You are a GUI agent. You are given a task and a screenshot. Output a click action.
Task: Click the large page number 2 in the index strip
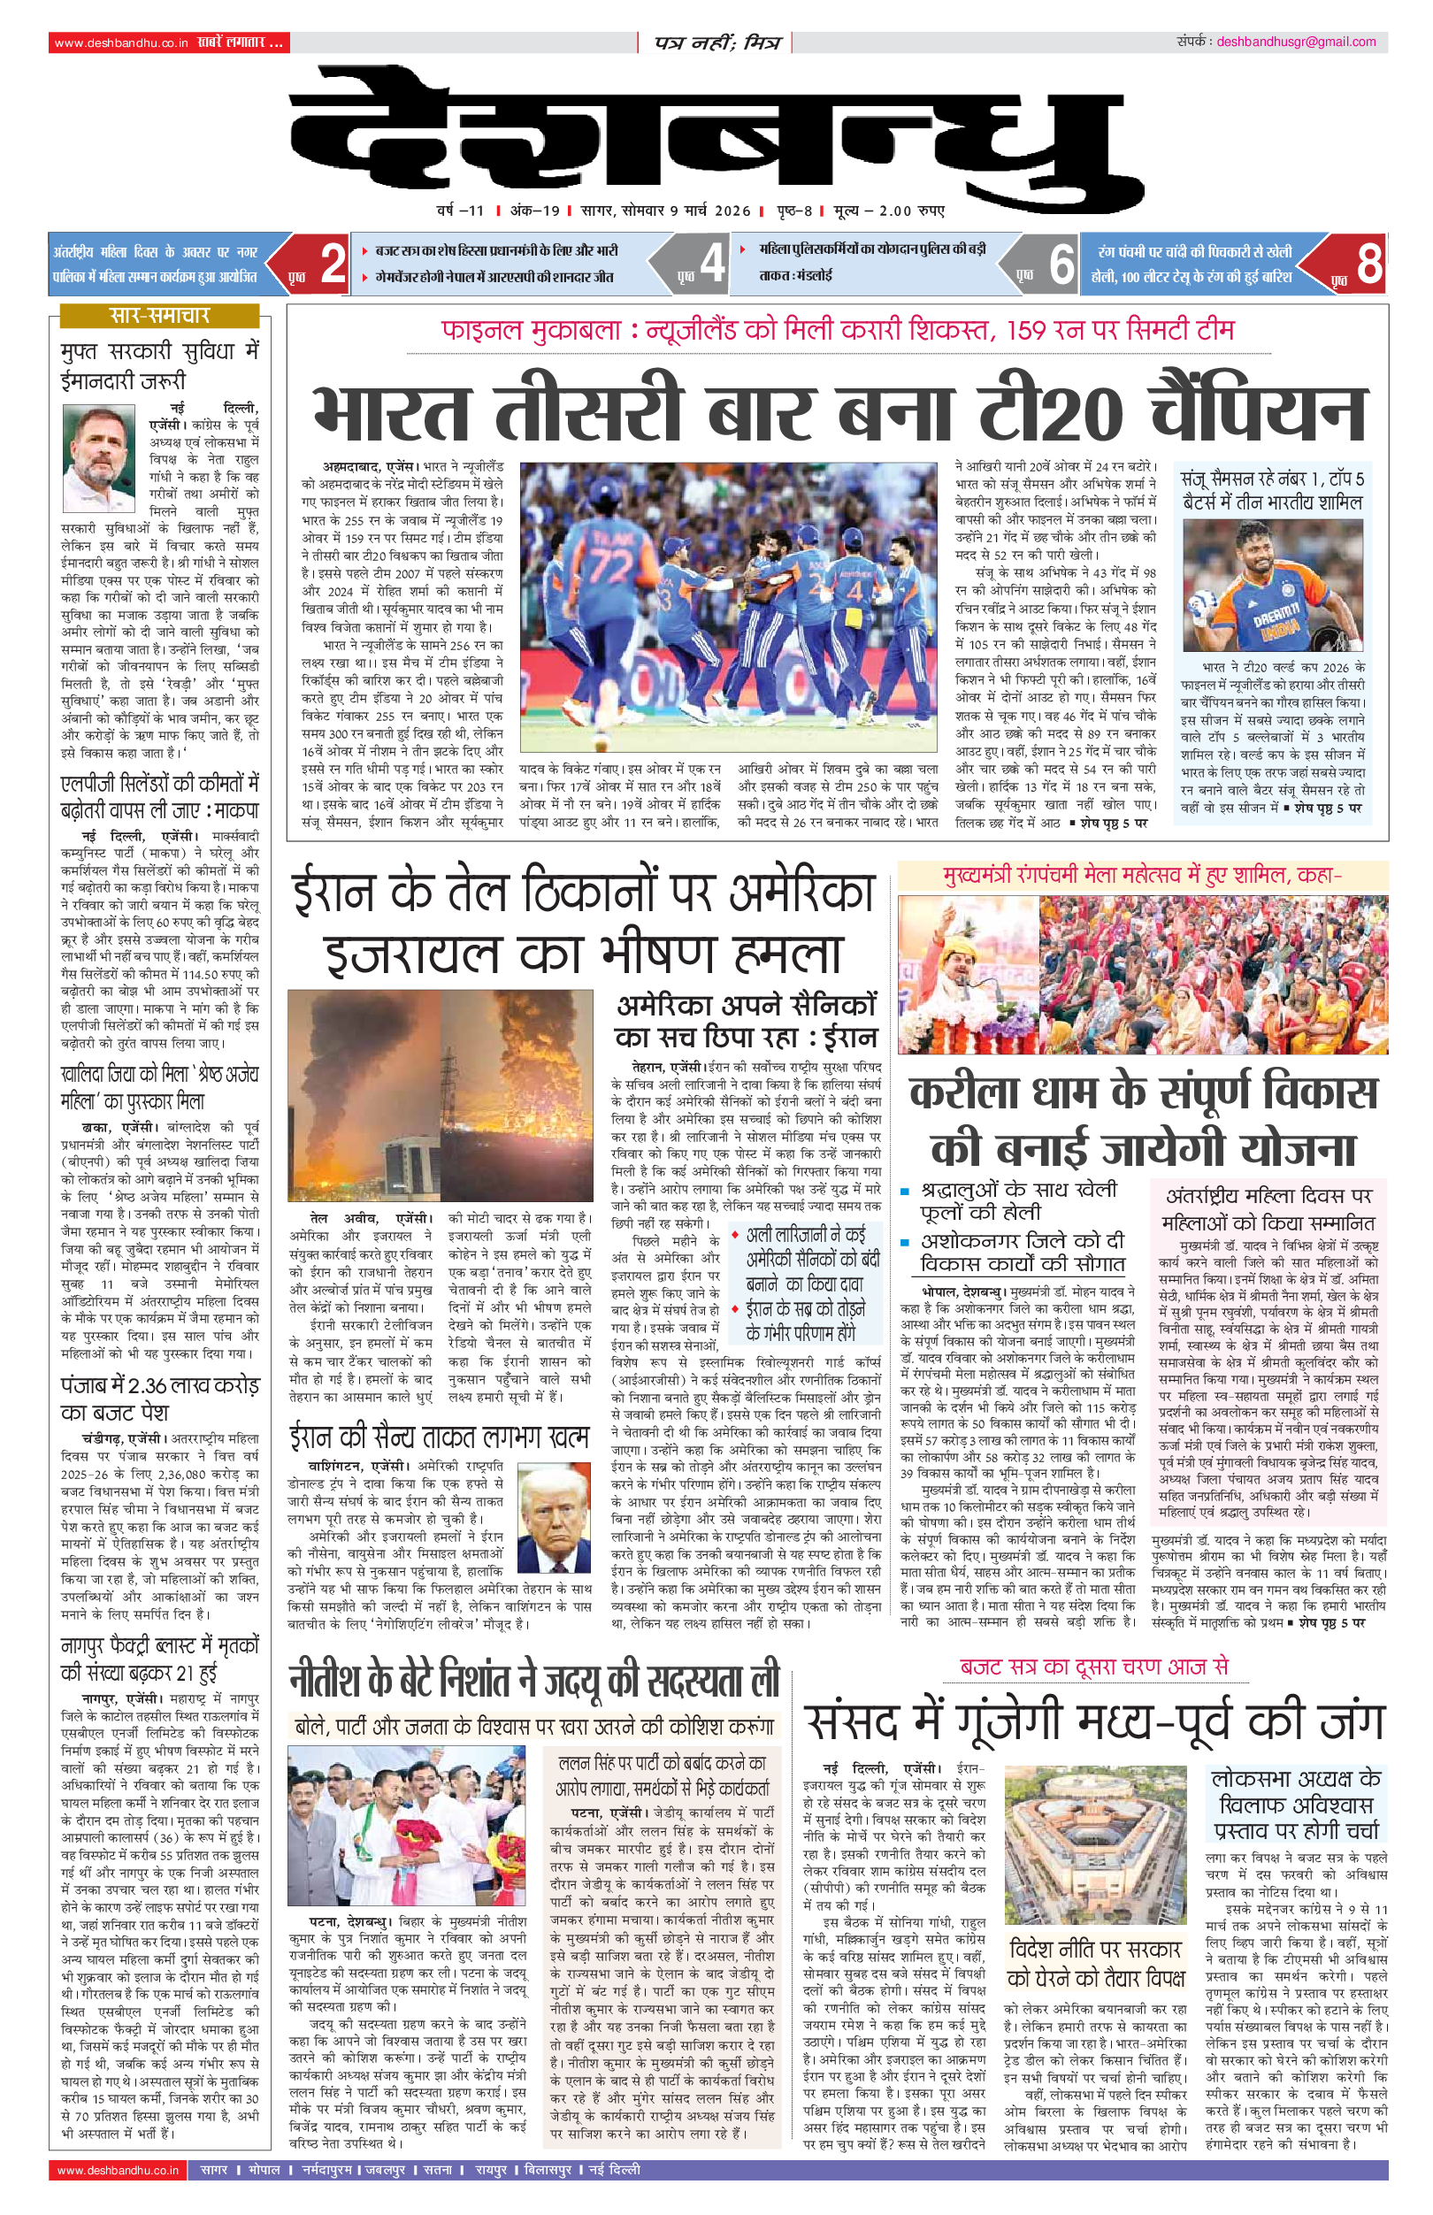pyautogui.click(x=333, y=264)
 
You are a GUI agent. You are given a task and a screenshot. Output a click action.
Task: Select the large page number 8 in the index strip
pyautogui.click(x=1368, y=264)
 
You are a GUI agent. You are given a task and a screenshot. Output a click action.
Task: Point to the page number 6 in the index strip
pyautogui.click(x=1061, y=264)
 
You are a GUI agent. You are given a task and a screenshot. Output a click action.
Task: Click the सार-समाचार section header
pyautogui.click(x=159, y=316)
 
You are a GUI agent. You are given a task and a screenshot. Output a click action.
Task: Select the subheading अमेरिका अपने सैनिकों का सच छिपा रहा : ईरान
pyautogui.click(x=747, y=1021)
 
